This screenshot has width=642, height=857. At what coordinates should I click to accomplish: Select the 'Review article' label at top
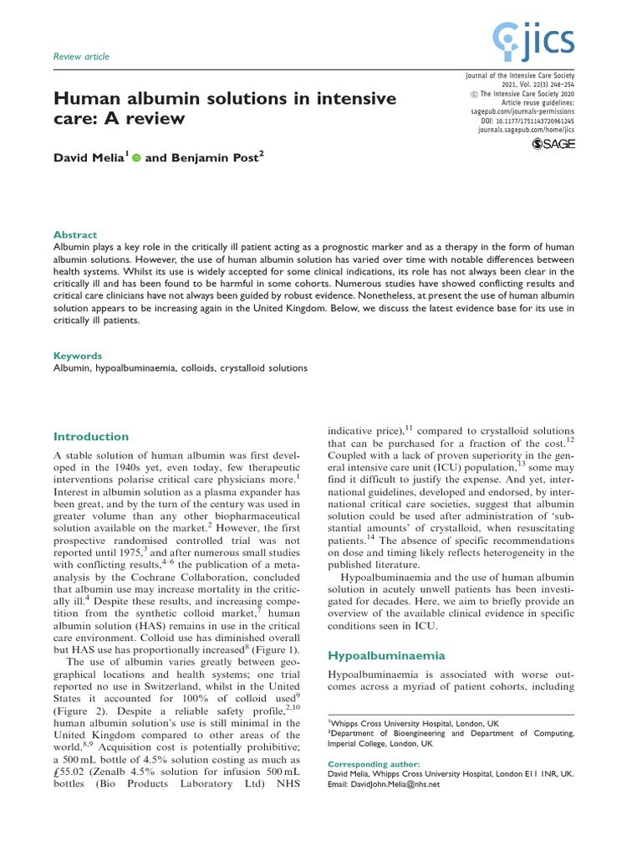[81, 57]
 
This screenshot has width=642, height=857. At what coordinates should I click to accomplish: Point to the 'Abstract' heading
[75, 235]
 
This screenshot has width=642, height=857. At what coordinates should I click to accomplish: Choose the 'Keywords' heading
[78, 355]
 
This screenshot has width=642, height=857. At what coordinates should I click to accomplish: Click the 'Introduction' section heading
[91, 436]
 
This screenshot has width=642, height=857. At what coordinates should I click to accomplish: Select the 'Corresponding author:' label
[369, 764]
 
